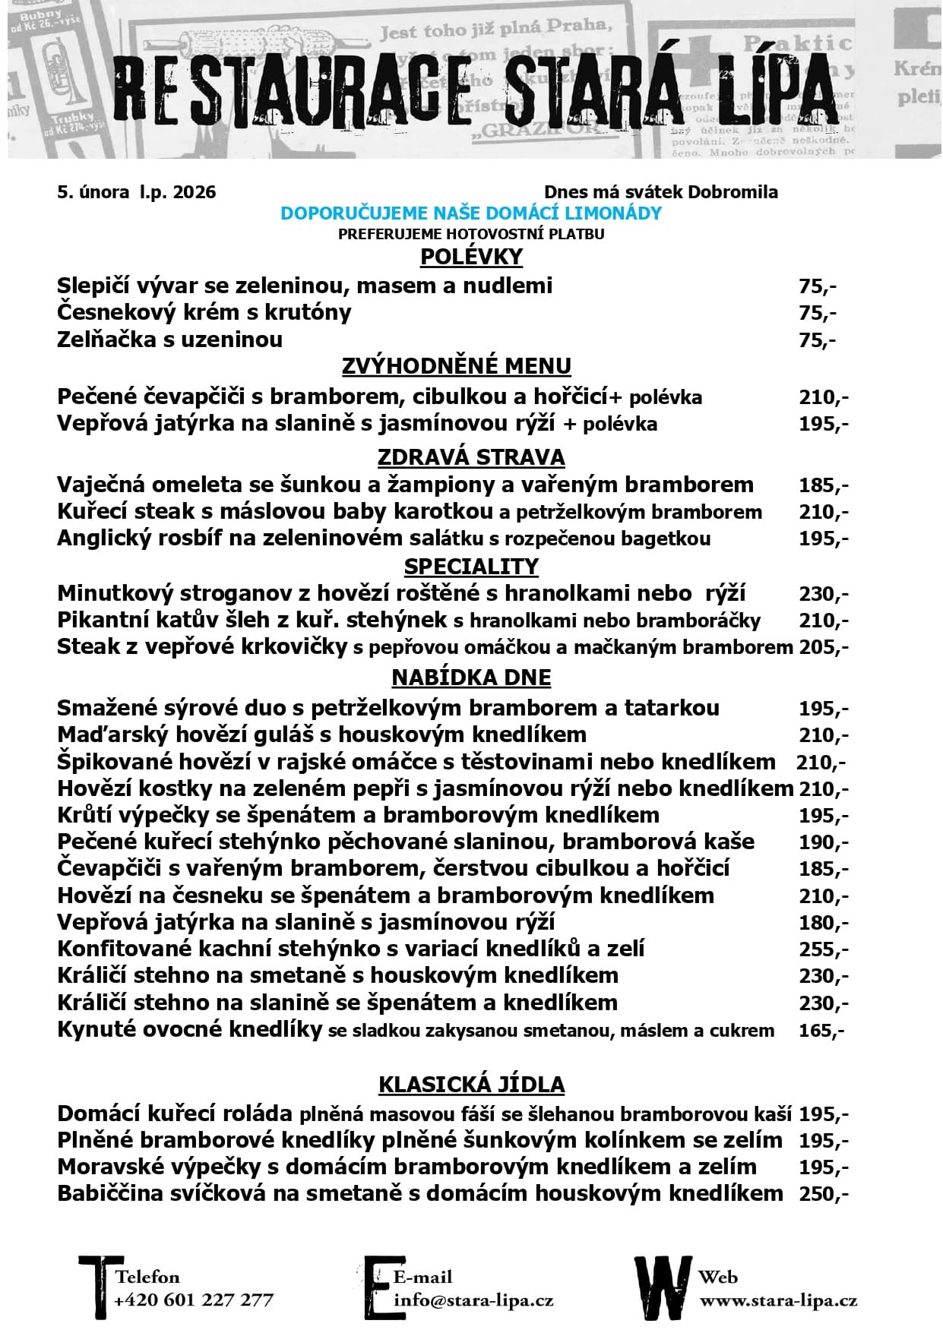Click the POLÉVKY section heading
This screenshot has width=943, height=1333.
tap(471, 257)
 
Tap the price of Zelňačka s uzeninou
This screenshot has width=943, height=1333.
tap(817, 340)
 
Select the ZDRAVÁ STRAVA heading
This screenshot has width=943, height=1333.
tap(471, 457)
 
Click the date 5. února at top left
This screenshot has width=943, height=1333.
tap(93, 191)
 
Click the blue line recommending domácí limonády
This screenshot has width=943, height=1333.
tap(471, 213)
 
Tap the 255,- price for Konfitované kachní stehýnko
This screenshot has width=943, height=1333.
tap(823, 949)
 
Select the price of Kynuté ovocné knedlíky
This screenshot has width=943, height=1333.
tap(821, 1031)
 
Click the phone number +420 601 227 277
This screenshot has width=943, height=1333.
tap(193, 1300)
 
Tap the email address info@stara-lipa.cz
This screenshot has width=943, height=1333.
tap(473, 1300)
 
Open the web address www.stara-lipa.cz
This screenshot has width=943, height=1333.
tap(778, 1300)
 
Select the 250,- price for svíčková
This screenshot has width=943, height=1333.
tap(823, 1194)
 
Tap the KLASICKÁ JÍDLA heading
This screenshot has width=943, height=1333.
tap(471, 1084)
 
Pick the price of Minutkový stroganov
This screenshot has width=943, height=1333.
tap(823, 594)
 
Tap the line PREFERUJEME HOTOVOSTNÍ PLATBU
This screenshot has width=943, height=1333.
tap(471, 234)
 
